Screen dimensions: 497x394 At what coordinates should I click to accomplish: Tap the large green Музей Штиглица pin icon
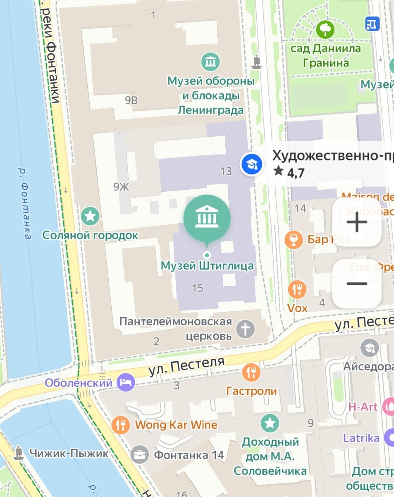click(207, 215)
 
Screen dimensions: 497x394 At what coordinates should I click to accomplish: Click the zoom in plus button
click(357, 223)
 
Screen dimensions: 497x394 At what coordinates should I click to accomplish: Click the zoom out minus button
click(357, 284)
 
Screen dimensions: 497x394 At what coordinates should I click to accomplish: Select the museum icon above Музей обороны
click(211, 62)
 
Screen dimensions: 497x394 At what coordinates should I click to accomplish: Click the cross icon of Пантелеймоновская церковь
click(246, 330)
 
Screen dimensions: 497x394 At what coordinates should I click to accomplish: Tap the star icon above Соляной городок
click(90, 216)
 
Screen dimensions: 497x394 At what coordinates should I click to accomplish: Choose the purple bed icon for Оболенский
click(126, 382)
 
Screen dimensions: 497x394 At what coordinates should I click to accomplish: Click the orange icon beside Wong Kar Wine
click(121, 425)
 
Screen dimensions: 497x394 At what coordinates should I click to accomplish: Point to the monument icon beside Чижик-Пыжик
click(18, 453)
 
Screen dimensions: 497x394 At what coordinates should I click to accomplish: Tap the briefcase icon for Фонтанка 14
click(140, 455)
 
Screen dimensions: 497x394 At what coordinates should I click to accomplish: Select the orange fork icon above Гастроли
click(251, 372)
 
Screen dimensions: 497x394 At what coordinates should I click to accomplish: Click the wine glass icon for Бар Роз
click(294, 239)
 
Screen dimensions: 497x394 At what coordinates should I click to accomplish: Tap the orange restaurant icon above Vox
click(297, 290)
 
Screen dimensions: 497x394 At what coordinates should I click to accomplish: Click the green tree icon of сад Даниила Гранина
click(325, 29)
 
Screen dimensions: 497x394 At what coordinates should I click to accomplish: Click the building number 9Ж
click(121, 187)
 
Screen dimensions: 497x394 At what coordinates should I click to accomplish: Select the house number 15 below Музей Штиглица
click(198, 288)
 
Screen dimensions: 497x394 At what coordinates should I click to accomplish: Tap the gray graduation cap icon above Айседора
click(369, 348)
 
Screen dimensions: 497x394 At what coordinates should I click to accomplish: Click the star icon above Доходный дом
click(270, 423)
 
